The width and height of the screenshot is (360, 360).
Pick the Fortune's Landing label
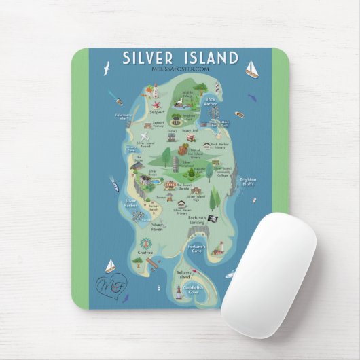click(198, 220)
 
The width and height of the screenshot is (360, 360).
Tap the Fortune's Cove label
click(198, 247)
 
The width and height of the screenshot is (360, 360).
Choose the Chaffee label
click(145, 252)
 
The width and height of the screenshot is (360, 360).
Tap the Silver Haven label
click(158, 226)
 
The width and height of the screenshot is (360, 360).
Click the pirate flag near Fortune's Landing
click(211, 218)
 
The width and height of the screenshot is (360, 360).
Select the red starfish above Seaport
click(156, 104)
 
